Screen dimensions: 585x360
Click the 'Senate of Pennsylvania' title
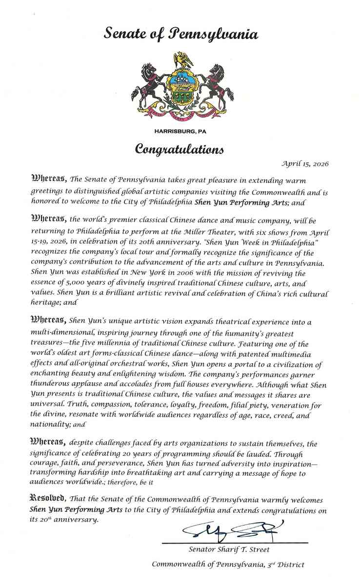[x=180, y=34]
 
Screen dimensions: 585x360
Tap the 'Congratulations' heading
[x=180, y=148]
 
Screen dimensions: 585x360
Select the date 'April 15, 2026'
[x=305, y=164]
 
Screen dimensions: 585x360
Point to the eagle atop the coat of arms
[x=181, y=60]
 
